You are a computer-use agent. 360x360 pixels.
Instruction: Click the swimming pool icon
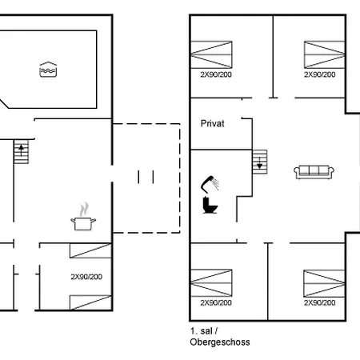48,70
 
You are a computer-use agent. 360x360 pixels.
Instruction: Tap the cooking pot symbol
83,217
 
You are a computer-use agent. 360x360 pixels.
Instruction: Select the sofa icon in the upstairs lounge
314,172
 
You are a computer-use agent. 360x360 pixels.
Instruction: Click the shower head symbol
210,184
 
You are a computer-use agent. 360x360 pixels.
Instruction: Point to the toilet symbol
210,205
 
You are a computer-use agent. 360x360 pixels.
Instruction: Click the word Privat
212,123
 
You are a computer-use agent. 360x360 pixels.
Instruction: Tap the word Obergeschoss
220,342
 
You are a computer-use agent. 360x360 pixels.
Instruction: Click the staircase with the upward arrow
21,151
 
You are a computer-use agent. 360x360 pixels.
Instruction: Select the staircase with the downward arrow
259,162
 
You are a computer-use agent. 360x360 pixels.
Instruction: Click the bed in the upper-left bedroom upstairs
211,54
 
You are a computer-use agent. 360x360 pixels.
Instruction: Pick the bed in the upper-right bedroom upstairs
324,54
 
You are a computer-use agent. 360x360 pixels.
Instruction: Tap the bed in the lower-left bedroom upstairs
211,283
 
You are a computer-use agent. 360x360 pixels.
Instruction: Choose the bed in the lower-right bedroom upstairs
324,283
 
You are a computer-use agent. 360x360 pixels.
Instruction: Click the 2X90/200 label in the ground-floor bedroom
86,277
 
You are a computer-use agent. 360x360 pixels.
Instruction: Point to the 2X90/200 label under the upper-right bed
320,74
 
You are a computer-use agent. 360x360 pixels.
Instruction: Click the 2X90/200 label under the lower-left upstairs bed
216,302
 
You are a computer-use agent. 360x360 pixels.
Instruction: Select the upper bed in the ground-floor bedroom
90,250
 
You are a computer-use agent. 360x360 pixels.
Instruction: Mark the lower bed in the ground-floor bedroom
90,302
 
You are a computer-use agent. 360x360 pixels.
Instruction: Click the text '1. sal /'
204,331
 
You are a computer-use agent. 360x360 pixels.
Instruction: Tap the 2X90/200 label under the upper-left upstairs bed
216,74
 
